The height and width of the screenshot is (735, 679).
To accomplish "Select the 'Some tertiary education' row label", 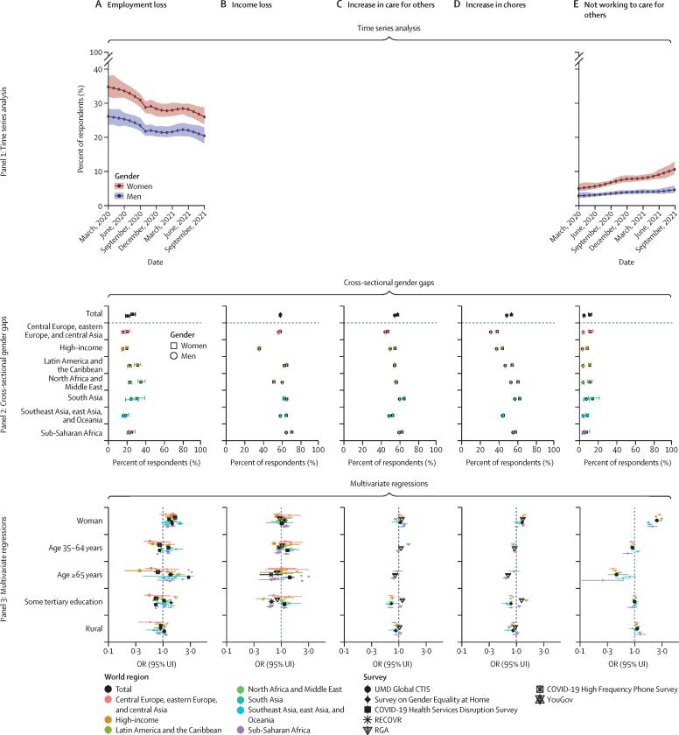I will click(55, 602).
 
